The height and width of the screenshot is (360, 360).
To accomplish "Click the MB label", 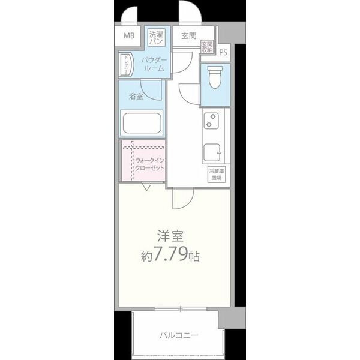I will click(x=129, y=36).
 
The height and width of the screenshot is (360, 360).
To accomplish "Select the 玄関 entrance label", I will click(x=189, y=36).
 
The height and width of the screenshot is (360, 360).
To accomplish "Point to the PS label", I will click(x=223, y=52).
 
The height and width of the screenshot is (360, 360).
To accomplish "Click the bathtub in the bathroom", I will click(x=142, y=124).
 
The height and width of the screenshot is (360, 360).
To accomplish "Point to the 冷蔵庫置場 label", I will click(x=214, y=175).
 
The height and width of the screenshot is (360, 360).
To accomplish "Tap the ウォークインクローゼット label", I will click(x=150, y=165).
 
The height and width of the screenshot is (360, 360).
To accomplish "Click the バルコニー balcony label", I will click(x=178, y=335).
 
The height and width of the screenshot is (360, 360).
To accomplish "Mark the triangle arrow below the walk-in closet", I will click(x=146, y=188).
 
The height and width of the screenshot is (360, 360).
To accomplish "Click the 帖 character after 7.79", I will click(x=193, y=256).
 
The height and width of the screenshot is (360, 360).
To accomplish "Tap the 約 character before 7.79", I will click(x=146, y=256).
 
